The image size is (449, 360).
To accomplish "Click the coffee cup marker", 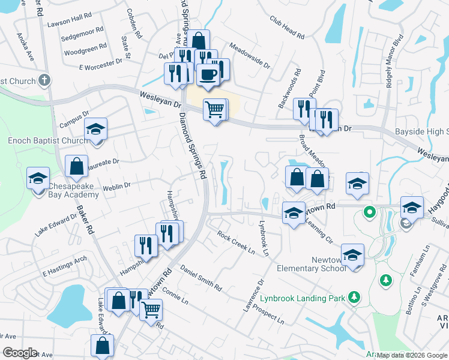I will (x=208, y=74).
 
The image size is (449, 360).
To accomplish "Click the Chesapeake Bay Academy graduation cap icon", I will (x=38, y=179).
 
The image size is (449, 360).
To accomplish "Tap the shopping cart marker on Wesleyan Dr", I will (x=214, y=110).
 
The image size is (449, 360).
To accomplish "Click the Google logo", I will (x=20, y=353).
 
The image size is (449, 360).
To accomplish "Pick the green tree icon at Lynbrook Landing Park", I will (x=355, y=297).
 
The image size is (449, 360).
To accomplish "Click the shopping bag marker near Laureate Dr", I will (x=77, y=167).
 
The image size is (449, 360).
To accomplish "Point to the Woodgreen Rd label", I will (x=85, y=48).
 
